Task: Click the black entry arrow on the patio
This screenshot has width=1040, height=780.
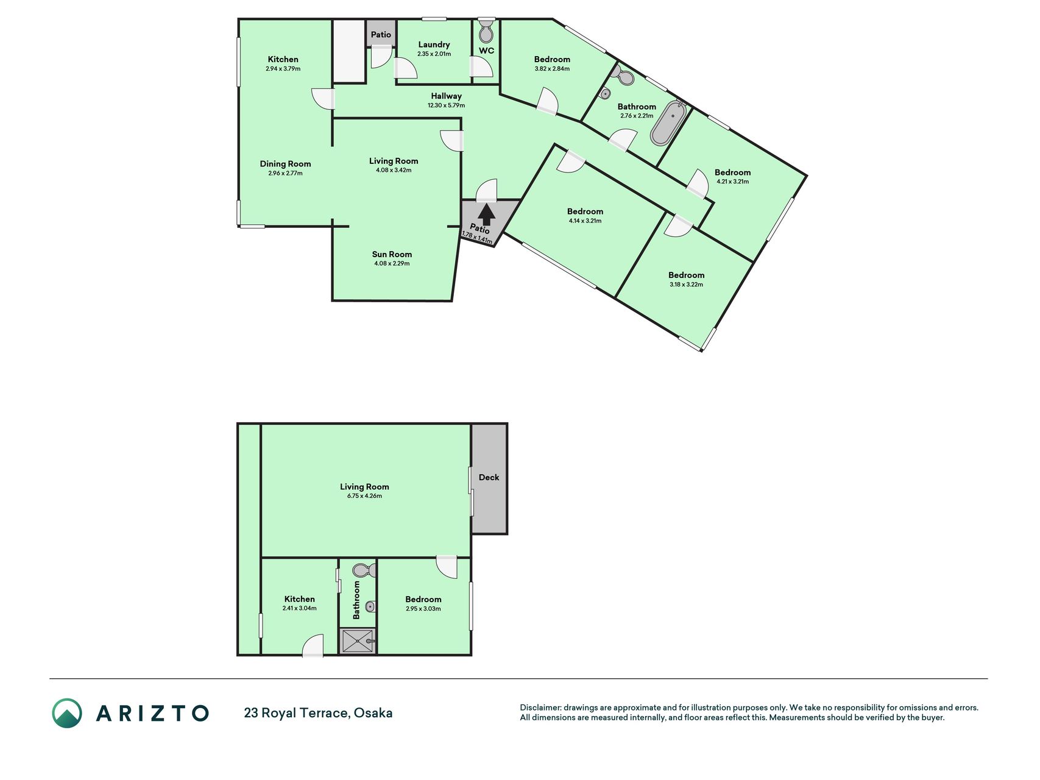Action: point(486,214)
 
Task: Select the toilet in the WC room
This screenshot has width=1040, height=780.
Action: point(486,30)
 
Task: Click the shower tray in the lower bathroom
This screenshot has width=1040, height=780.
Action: point(357,641)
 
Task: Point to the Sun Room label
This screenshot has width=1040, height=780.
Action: point(392,254)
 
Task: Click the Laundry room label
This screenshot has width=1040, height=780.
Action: point(434,44)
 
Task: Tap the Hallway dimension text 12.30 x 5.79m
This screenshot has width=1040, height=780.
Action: point(446,105)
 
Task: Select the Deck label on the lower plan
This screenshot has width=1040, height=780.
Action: point(489,477)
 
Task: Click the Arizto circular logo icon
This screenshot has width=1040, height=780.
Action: point(66,713)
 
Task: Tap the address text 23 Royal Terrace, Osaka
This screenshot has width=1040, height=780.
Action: point(318,713)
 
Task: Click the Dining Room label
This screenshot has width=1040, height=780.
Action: point(285,163)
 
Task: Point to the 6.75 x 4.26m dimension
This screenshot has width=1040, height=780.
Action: point(364,496)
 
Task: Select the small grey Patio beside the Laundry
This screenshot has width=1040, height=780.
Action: point(381,34)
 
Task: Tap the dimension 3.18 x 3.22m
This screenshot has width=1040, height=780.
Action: point(686,285)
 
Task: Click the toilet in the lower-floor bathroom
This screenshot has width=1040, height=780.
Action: point(364,570)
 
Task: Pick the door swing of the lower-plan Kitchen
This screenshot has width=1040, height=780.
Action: point(313,645)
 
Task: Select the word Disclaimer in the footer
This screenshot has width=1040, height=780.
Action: point(540,707)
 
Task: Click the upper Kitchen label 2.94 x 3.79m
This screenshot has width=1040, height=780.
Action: point(283,69)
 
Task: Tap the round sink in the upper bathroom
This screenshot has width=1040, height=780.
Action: point(605,94)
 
